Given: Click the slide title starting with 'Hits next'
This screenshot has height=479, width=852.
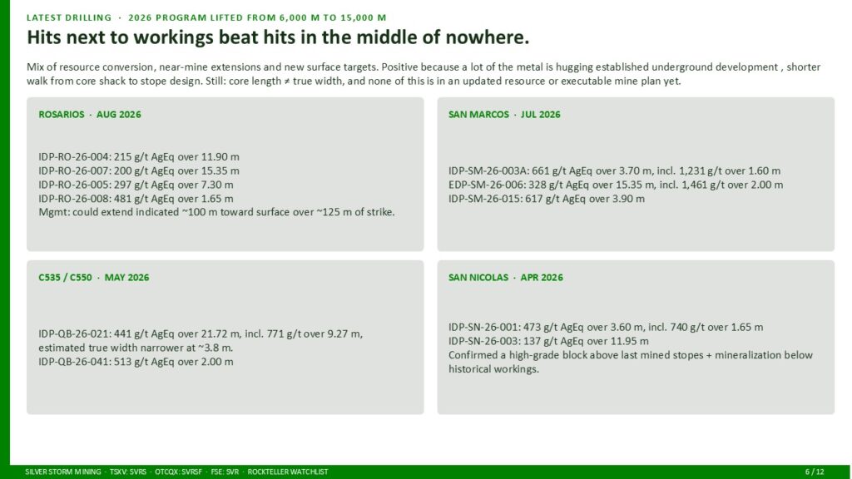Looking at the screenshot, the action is tap(278, 37).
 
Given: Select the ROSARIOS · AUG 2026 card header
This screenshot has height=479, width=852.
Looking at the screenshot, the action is tap(90, 115).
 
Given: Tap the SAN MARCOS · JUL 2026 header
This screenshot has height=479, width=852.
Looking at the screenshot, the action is tap(504, 115).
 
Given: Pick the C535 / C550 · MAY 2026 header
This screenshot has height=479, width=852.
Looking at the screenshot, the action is tap(93, 278).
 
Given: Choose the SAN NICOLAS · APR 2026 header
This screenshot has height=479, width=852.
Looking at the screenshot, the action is tap(505, 278).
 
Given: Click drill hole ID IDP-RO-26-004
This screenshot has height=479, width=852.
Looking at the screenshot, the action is tap(74, 157).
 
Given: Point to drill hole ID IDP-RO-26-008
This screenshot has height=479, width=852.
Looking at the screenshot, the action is tap(74, 199).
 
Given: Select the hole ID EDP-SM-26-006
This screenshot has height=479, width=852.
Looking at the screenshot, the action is tap(486, 185).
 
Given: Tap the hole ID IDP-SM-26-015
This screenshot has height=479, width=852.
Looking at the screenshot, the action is tap(485, 199).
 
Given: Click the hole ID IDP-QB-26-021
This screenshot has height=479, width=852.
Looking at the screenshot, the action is tap(74, 334).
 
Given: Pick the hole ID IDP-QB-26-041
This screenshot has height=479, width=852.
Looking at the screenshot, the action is tap(74, 362).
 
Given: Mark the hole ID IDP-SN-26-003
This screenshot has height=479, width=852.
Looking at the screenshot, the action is tap(485, 341).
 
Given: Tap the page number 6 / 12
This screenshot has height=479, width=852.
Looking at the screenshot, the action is tap(815, 472).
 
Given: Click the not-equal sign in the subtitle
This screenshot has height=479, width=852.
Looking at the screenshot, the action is tap(286, 81).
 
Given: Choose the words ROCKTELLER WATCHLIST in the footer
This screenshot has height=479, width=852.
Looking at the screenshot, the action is tap(287, 472).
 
